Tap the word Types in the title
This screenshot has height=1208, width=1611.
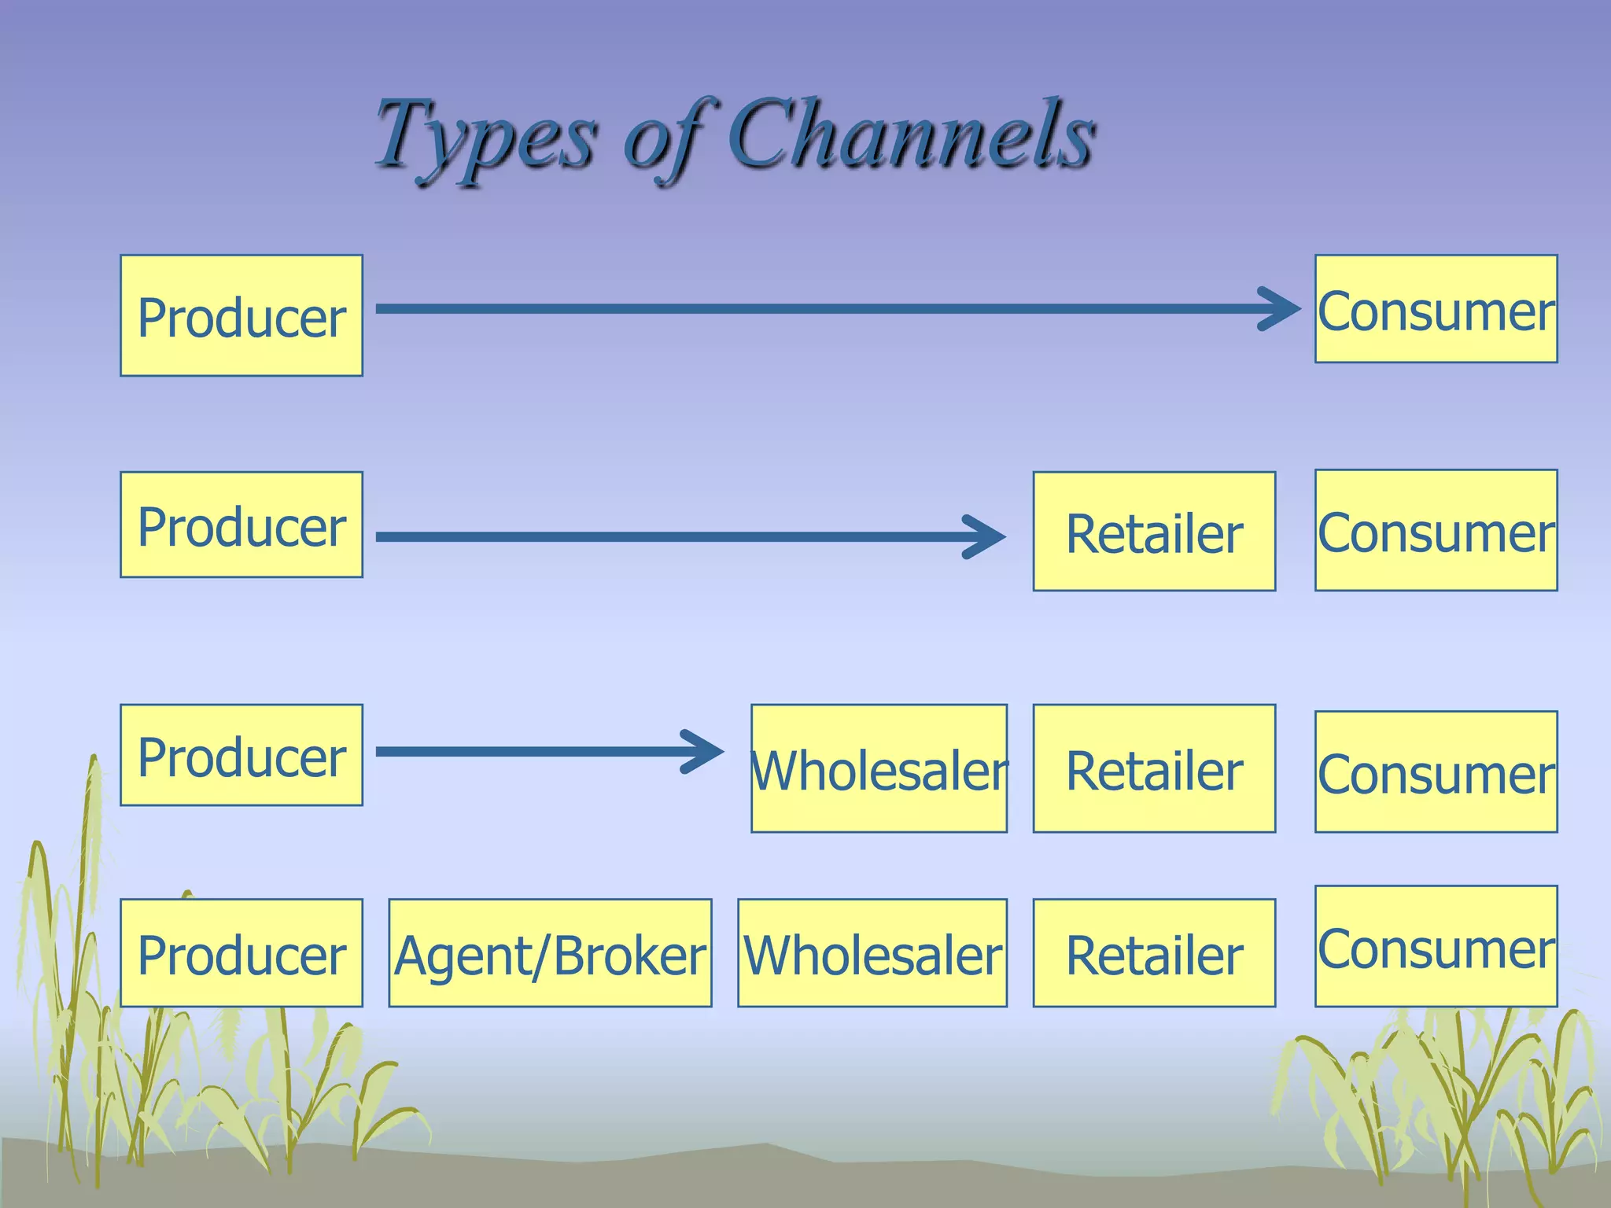point(484,135)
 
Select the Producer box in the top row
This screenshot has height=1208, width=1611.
point(241,315)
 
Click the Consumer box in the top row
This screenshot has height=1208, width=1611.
point(1436,309)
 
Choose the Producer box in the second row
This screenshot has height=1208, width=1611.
point(241,525)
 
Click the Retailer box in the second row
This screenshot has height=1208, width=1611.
point(1154,531)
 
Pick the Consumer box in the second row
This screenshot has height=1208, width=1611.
point(1436,530)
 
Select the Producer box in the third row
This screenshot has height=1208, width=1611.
point(241,755)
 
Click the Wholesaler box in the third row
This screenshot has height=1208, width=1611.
point(879,768)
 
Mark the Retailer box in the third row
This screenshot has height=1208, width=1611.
point(1154,768)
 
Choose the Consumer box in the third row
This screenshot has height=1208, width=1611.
point(1436,772)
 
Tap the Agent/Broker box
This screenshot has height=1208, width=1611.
point(550,953)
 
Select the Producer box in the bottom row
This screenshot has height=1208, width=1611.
point(241,953)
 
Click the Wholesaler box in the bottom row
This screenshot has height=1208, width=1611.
point(872,953)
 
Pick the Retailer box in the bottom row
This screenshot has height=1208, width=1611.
point(1154,953)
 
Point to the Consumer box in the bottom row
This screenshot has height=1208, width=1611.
point(1436,946)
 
